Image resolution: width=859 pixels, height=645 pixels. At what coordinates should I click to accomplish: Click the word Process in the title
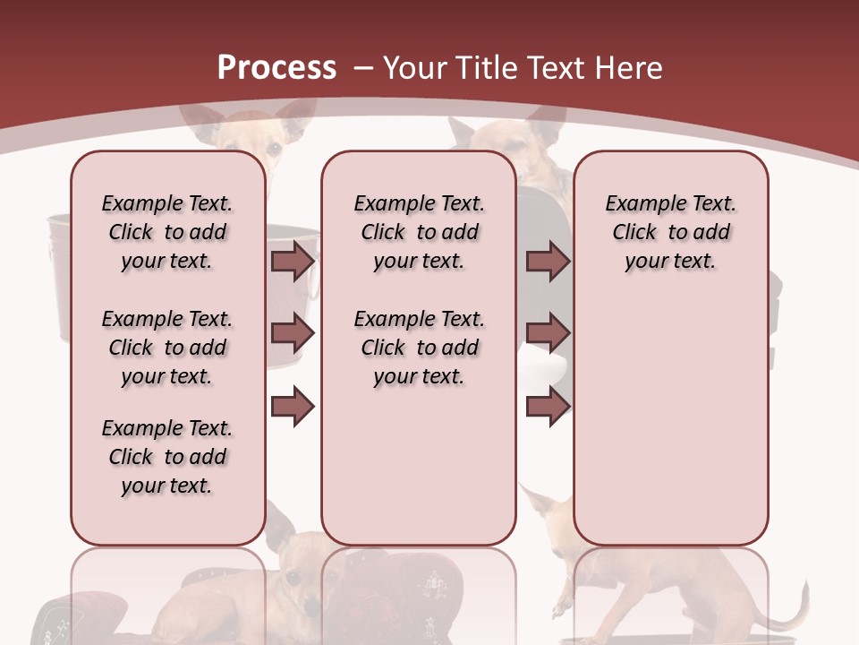point(276,68)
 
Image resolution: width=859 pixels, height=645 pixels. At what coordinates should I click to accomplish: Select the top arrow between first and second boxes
point(293,261)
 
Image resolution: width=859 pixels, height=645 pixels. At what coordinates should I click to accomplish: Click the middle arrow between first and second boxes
point(293,333)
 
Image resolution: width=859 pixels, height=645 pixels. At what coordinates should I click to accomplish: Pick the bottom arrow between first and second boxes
point(293,406)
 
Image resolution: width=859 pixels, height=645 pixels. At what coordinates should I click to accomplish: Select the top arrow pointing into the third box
point(548,261)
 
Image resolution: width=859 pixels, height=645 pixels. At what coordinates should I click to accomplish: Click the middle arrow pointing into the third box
point(548,333)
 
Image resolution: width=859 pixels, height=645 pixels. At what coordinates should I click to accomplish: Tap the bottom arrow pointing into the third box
point(548,406)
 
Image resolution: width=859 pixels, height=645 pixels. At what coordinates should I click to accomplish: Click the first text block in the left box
point(167,232)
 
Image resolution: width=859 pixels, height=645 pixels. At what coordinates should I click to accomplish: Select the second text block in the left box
point(167,348)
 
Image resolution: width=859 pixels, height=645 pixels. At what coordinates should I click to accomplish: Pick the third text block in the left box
point(167,457)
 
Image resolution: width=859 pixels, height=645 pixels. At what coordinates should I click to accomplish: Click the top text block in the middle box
point(419,232)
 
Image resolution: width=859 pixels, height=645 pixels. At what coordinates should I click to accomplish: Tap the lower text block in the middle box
point(419,348)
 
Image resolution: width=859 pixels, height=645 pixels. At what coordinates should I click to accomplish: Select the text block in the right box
point(670,232)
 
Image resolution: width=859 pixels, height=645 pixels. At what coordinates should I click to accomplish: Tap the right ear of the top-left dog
point(294,112)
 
